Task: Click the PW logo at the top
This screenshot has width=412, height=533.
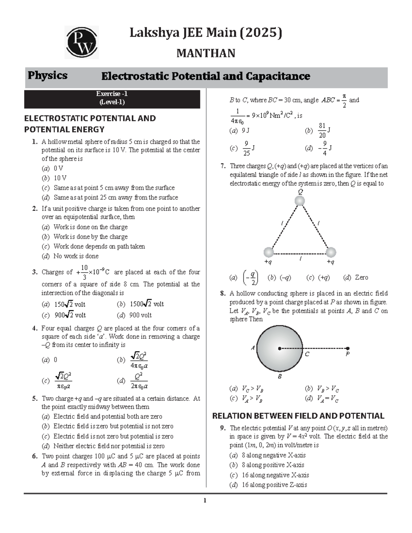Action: tap(82, 42)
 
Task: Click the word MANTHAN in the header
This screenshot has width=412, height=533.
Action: tap(206, 53)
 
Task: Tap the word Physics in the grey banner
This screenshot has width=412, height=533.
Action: tap(47, 76)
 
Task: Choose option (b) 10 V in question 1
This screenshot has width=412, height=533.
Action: tap(60, 178)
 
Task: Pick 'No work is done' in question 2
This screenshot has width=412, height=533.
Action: tap(76, 256)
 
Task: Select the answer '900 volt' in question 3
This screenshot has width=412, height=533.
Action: tap(140, 315)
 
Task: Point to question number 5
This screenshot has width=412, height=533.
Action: tap(35, 398)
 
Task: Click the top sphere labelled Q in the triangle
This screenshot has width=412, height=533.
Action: tap(300, 201)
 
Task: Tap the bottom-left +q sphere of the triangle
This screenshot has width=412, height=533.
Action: tap(268, 252)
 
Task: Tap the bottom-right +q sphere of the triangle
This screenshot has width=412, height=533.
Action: tap(330, 252)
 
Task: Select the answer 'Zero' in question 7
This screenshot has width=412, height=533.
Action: tap(361, 277)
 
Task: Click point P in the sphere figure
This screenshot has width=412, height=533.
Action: tap(348, 349)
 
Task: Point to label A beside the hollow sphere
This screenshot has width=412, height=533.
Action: tap(253, 348)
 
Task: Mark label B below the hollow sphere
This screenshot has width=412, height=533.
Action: tap(280, 376)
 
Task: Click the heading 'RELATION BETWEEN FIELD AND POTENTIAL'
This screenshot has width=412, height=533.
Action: tap(298, 416)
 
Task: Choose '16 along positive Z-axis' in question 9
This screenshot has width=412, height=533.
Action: tap(274, 485)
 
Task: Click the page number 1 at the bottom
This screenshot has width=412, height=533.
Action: tap(205, 500)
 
